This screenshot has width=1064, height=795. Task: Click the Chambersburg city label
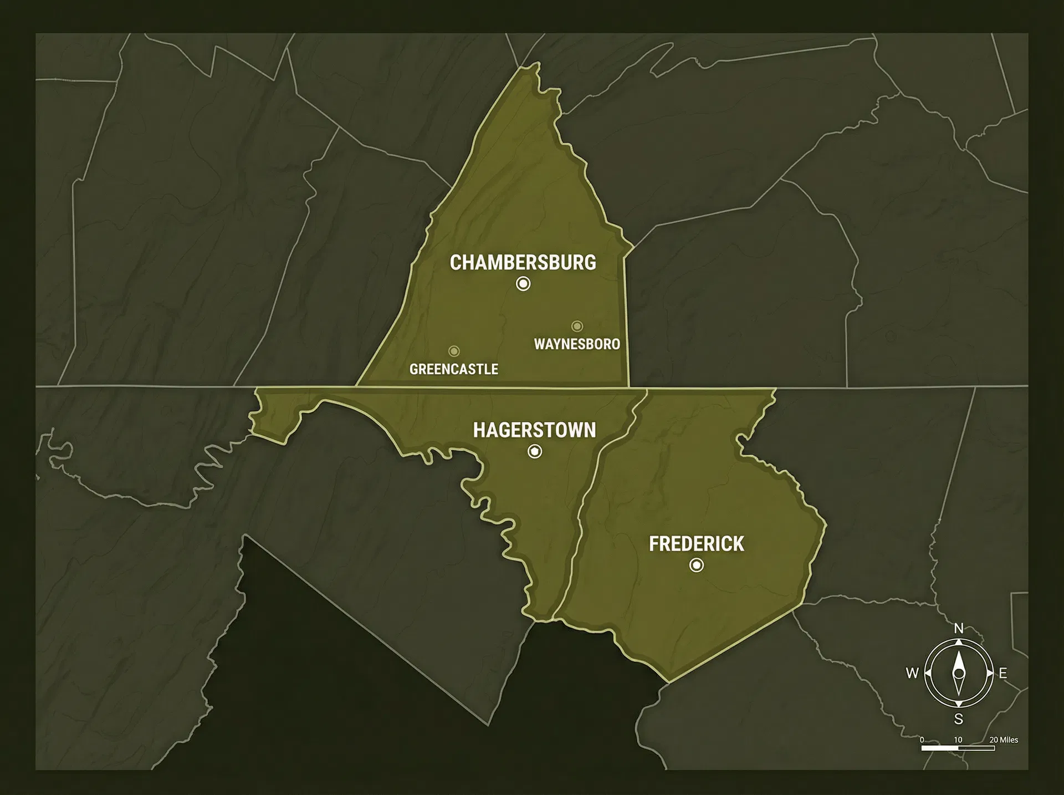point(523,262)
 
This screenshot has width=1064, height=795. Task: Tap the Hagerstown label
point(534,430)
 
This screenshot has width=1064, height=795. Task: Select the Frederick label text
point(696,544)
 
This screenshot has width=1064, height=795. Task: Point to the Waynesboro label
point(577,344)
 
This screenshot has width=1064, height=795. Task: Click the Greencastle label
point(453,369)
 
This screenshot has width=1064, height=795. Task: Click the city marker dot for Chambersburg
point(523,284)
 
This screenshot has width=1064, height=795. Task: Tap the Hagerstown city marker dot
point(535,452)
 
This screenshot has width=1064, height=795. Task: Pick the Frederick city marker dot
point(697,565)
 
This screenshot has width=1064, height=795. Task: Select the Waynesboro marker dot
point(577,326)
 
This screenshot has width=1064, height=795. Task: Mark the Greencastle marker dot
point(454,351)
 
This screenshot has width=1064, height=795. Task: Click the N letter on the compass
point(959,628)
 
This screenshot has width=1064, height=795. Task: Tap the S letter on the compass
point(959,720)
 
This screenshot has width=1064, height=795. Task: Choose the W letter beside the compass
point(912,674)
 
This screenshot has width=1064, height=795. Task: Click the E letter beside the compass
point(1003,674)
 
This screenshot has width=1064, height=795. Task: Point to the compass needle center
point(959,674)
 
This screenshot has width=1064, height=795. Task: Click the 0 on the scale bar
point(922,740)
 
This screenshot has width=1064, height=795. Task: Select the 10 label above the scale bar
point(958,740)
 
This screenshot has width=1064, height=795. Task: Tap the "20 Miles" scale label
point(1004,740)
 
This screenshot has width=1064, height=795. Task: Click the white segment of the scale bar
point(940,748)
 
